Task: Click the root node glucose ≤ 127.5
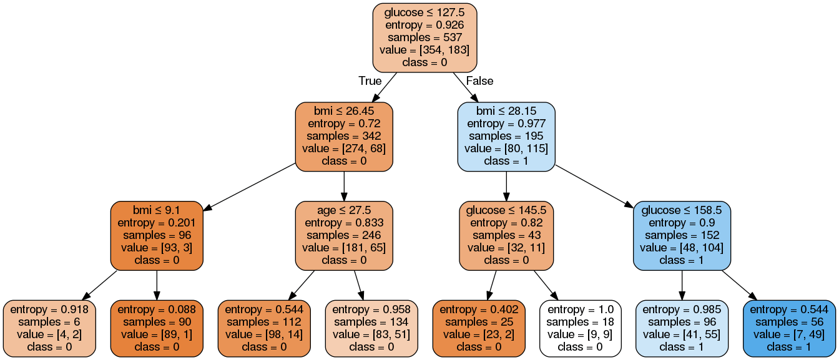coord(424,37)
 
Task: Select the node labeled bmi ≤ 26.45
coord(343,136)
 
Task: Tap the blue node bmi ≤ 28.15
coord(506,136)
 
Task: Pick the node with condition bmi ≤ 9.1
coord(157,235)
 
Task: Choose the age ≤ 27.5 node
coord(343,235)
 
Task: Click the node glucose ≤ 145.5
coord(506,235)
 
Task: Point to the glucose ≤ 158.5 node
coord(682,235)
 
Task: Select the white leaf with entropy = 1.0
coord(580,328)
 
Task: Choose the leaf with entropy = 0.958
coord(370,328)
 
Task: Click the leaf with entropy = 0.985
coord(682,328)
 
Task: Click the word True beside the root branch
coord(370,81)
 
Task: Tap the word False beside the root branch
coord(479,81)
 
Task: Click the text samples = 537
coord(424,37)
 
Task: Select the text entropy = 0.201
coord(157,223)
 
